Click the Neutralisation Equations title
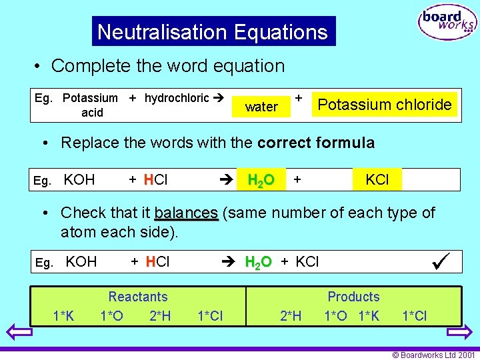tap(213, 31)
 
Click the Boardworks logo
tap(447, 23)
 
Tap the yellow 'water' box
tap(261, 107)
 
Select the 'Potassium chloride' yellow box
tap(385, 105)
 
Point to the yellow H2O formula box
tap(261, 180)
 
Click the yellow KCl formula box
tap(377, 179)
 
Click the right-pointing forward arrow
tap(459, 331)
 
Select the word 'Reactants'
tap(138, 297)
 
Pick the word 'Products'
tap(353, 297)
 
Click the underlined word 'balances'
tap(186, 213)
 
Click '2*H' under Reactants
tap(160, 316)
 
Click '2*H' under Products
tap(291, 316)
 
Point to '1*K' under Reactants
tap(63, 316)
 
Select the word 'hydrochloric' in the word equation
tap(177, 98)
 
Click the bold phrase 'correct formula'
tap(316, 143)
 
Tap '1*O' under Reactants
tap(111, 316)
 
